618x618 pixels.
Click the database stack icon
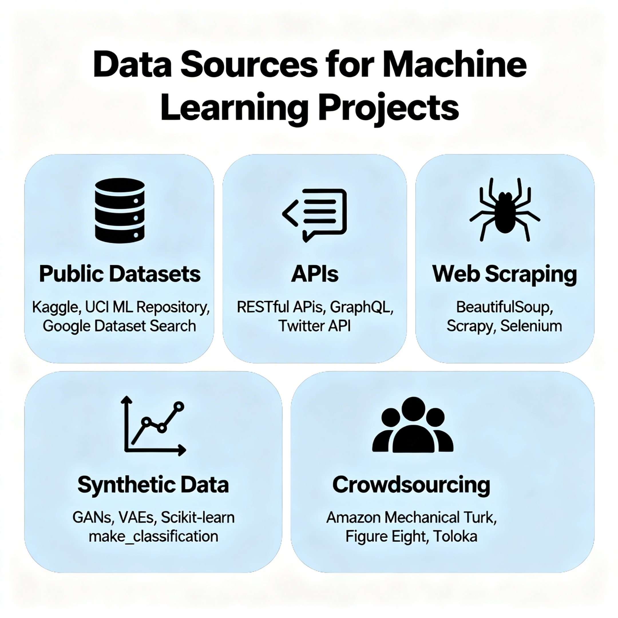[120, 211]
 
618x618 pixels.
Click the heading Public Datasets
[120, 274]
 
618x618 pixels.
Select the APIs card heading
[315, 274]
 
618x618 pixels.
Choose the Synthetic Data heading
[153, 485]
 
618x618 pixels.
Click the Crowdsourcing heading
[411, 485]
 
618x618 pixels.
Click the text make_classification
[154, 536]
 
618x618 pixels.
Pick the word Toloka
[455, 536]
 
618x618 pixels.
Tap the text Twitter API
[315, 326]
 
